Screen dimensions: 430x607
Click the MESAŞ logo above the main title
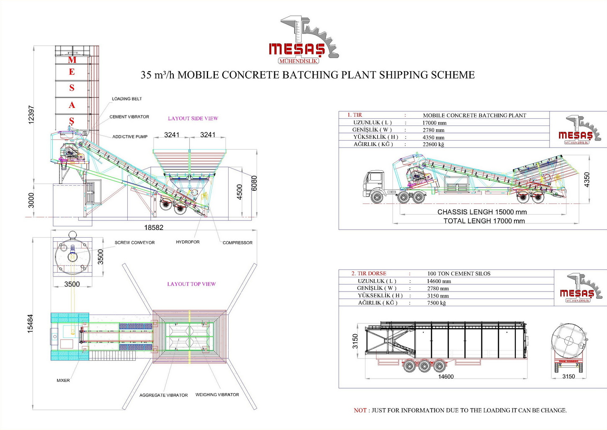(303, 41)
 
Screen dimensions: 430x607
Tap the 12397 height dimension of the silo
(31, 115)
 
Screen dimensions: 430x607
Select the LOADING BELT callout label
(127, 99)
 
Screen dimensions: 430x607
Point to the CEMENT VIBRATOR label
(129, 117)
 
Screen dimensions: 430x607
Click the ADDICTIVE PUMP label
(130, 137)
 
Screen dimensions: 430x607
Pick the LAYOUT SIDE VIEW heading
(193, 119)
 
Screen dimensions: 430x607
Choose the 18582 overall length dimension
(154, 228)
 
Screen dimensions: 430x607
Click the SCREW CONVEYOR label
(134, 243)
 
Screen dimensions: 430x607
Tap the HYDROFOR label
(188, 242)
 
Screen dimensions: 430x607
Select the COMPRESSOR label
(237, 243)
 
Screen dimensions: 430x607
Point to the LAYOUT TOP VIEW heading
(191, 284)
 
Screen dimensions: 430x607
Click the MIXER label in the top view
(63, 381)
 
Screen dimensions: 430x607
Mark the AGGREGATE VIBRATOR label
(163, 395)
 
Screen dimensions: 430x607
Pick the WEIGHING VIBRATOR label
(217, 395)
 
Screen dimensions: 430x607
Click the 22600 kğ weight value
(433, 145)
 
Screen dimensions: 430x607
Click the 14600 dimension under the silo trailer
(446, 377)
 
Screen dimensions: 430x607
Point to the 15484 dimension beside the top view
(30, 324)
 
